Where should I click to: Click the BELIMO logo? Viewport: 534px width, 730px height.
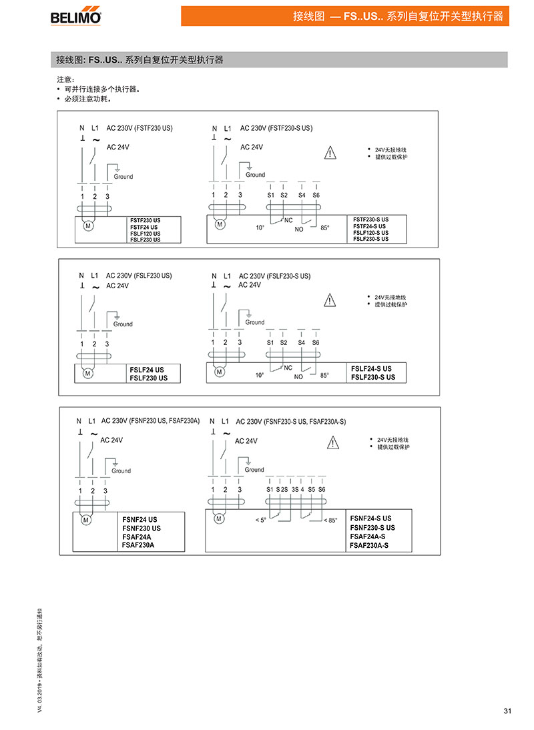pyautogui.click(x=76, y=16)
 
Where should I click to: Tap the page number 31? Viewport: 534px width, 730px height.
pyautogui.click(x=507, y=711)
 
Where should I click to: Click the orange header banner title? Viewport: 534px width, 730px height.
pyautogui.click(x=398, y=16)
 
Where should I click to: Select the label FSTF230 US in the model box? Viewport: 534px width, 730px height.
pyautogui.click(x=146, y=220)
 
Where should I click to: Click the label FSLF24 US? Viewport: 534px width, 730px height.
pyautogui.click(x=147, y=369)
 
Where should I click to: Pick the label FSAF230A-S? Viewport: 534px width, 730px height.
pyautogui.click(x=368, y=545)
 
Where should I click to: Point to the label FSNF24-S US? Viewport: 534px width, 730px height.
pyautogui.click(x=370, y=518)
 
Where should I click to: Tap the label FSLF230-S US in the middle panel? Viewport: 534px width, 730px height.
pyautogui.click(x=373, y=378)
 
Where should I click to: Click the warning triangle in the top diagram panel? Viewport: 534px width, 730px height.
pyautogui.click(x=330, y=153)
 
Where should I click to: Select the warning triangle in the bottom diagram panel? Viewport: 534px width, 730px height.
pyautogui.click(x=332, y=442)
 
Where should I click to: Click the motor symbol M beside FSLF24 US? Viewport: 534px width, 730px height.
pyautogui.click(x=87, y=373)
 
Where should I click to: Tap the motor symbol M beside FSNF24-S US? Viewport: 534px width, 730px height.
pyautogui.click(x=218, y=518)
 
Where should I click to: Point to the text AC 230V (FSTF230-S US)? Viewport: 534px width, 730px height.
pyautogui.click(x=276, y=127)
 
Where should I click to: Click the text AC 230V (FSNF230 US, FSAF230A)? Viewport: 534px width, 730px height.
pyautogui.click(x=150, y=421)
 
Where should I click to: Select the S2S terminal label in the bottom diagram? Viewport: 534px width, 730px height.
pyautogui.click(x=282, y=490)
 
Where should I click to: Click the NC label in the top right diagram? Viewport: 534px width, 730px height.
pyautogui.click(x=288, y=220)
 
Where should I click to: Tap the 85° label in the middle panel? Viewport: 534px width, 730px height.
pyautogui.click(x=325, y=375)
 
